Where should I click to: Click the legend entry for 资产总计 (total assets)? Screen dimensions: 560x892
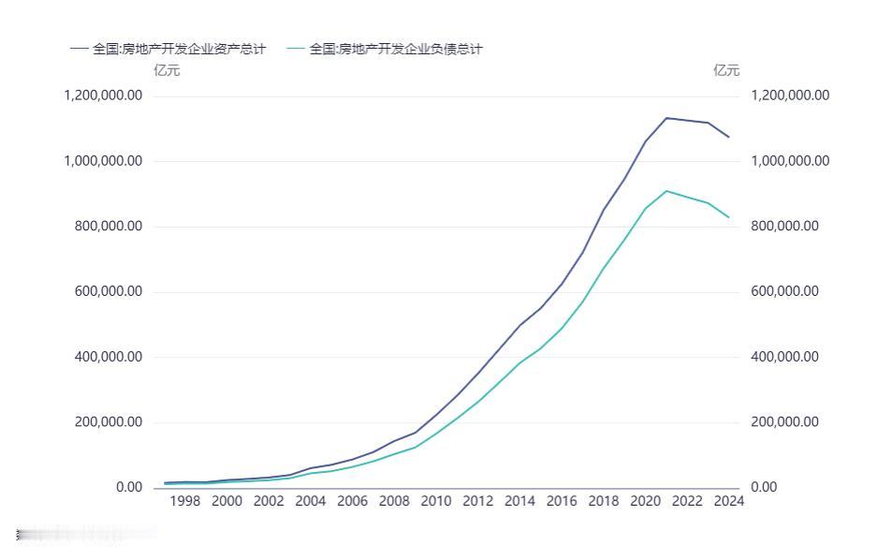(x=168, y=49)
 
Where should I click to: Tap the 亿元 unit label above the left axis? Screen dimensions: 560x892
(x=167, y=70)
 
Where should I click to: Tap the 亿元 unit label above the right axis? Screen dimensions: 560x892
(x=726, y=70)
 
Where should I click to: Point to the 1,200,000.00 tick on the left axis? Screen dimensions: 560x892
(x=103, y=96)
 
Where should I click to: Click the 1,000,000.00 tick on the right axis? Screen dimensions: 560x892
(x=790, y=161)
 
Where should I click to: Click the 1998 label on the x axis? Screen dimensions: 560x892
(x=185, y=501)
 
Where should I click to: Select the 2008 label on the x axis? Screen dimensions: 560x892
(x=394, y=501)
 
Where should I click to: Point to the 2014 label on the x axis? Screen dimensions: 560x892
(x=519, y=501)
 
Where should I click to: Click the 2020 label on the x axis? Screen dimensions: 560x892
(x=645, y=501)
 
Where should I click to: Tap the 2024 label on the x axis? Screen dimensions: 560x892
(x=728, y=501)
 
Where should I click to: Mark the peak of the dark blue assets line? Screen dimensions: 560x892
(x=666, y=118)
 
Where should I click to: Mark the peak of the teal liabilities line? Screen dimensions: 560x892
(x=666, y=191)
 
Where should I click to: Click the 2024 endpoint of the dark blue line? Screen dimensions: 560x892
(x=729, y=138)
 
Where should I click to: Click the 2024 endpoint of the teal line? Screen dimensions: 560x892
(x=729, y=217)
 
